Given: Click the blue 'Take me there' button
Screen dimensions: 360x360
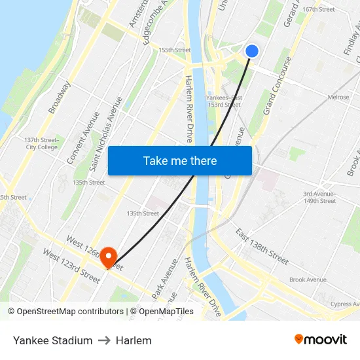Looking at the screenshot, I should [x=180, y=160].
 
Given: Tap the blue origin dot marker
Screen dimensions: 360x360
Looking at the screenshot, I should [x=252, y=51].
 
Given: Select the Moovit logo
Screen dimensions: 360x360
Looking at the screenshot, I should [x=321, y=340].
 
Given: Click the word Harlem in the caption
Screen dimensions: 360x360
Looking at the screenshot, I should [x=134, y=340].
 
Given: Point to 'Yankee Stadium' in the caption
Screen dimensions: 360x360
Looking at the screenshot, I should [x=52, y=340].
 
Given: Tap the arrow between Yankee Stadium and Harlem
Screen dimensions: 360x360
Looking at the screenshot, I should [x=104, y=340].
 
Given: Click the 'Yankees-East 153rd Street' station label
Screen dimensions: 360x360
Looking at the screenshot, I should [x=223, y=101].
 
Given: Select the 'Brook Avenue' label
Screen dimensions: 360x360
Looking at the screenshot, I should [x=308, y=279].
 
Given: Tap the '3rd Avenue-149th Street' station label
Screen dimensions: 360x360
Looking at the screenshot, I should [x=319, y=197].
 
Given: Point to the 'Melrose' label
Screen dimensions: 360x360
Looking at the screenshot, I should [x=338, y=98].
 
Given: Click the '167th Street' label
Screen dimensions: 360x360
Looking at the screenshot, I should [x=319, y=9].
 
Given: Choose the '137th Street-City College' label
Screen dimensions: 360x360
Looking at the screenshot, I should [x=41, y=143].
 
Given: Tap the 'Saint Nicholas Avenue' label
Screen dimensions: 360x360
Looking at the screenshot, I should [x=107, y=134].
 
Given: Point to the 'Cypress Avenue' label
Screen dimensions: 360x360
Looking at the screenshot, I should [x=346, y=304].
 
